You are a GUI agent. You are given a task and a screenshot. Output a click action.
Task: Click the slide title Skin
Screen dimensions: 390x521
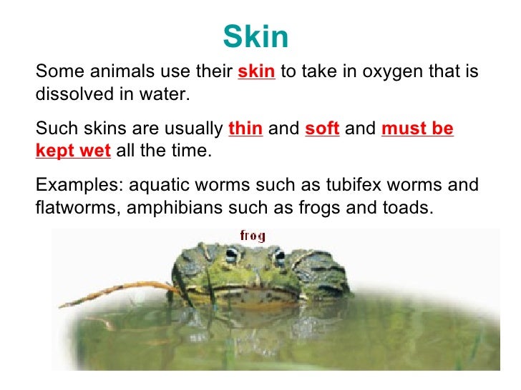pos(255,36)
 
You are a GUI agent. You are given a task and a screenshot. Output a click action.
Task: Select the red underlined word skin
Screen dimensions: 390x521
pos(256,72)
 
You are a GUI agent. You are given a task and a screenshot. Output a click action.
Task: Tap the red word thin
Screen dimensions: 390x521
pos(245,129)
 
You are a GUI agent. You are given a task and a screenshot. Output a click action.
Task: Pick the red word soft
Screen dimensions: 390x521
pos(321,129)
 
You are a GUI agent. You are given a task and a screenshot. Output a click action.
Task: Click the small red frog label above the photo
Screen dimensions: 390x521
pos(252,234)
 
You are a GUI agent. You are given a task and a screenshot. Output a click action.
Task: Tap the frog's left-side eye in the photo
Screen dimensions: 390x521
pos(231,254)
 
